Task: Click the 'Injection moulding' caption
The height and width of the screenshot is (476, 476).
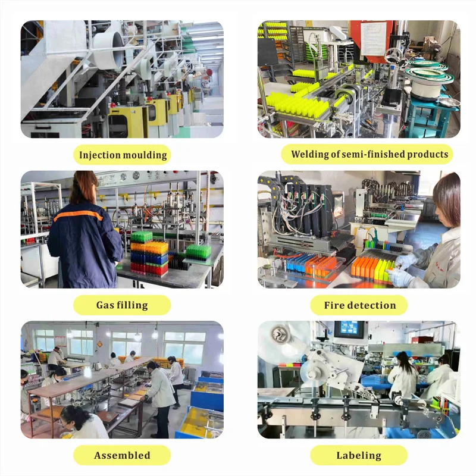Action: [x=123, y=155]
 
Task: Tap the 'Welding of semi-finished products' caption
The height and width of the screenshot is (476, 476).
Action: [x=369, y=154]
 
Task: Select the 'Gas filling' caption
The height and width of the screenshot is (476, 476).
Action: [x=122, y=305]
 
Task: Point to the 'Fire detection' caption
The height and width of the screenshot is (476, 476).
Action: [x=360, y=305]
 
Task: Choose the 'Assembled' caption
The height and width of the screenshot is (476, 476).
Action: [x=122, y=455]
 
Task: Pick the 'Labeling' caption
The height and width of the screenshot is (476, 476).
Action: [x=359, y=455]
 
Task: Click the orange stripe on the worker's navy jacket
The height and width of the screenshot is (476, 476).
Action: [x=78, y=215]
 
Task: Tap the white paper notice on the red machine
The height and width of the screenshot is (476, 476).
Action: [x=373, y=39]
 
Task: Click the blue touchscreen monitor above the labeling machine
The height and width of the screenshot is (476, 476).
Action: [x=350, y=329]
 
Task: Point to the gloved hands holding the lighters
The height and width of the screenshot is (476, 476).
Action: [x=401, y=268]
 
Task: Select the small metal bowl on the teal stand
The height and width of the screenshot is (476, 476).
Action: [x=449, y=102]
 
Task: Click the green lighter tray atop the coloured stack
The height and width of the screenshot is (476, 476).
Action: [x=142, y=237]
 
